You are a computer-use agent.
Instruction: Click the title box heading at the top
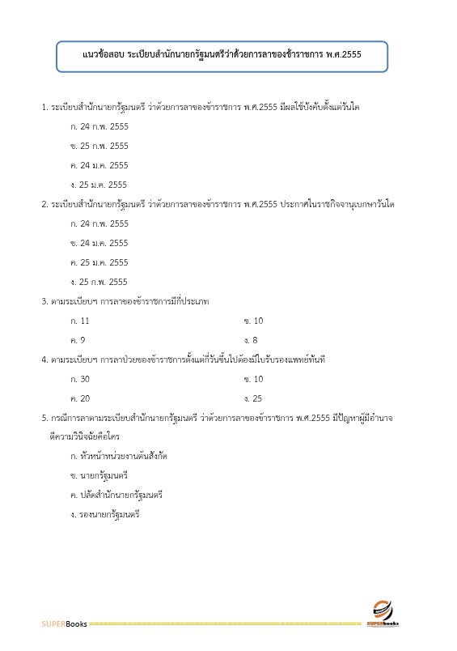click(222, 55)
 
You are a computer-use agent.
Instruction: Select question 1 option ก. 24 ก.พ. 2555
click(99, 126)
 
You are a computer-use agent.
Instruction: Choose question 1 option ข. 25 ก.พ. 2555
click(99, 146)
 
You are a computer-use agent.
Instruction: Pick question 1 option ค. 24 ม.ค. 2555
click(99, 165)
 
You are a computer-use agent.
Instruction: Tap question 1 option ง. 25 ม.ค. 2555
click(99, 185)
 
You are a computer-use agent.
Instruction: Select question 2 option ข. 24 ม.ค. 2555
click(99, 243)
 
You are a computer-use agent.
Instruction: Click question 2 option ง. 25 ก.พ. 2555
click(99, 282)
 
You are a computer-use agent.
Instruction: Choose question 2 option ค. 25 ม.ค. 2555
click(99, 262)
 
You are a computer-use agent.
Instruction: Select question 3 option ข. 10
click(253, 321)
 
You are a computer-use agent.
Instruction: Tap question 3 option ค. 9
click(78, 340)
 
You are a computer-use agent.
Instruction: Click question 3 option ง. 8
click(251, 340)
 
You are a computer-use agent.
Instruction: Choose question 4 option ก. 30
click(81, 379)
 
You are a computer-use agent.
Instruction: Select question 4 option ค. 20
click(81, 398)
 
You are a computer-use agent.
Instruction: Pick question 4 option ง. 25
click(253, 398)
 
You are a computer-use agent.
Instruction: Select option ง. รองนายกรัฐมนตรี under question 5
click(105, 513)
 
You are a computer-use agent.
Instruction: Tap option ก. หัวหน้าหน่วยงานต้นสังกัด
click(119, 455)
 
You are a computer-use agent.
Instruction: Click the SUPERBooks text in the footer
click(65, 624)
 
